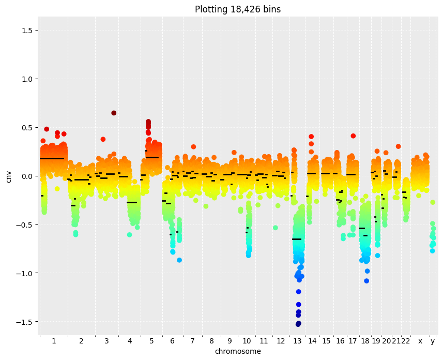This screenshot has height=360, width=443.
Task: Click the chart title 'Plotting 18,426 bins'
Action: pos(238,9)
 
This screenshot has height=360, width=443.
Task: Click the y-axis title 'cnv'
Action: pos(8,176)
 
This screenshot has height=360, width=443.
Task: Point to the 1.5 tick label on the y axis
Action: pos(27,31)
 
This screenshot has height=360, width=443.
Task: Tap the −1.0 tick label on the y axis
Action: pos(25,273)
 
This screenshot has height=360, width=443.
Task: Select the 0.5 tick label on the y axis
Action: pos(27,128)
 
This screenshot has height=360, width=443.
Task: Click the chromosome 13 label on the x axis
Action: pos(298,341)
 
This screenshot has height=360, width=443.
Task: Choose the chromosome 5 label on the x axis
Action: pos(151,341)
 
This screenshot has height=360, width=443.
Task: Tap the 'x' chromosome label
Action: pos(420,341)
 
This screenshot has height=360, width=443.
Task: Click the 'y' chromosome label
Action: pos(433,341)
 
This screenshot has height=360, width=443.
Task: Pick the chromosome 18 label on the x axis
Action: pos(365,341)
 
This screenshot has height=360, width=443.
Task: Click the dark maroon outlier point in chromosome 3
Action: pos(114,113)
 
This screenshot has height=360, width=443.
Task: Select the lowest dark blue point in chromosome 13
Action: pos(298,324)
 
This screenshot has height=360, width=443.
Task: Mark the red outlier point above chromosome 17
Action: pos(353,136)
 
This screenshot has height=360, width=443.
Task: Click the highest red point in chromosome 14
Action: pos(311,137)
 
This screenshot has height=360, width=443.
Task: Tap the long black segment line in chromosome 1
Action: pos(52,159)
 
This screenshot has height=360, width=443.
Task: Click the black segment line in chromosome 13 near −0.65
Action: pos(297,239)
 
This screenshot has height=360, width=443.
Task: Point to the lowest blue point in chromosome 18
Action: pos(366,281)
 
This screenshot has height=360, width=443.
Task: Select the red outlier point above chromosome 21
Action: pos(398,146)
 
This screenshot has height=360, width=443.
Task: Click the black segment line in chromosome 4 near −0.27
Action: pos(132,202)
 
